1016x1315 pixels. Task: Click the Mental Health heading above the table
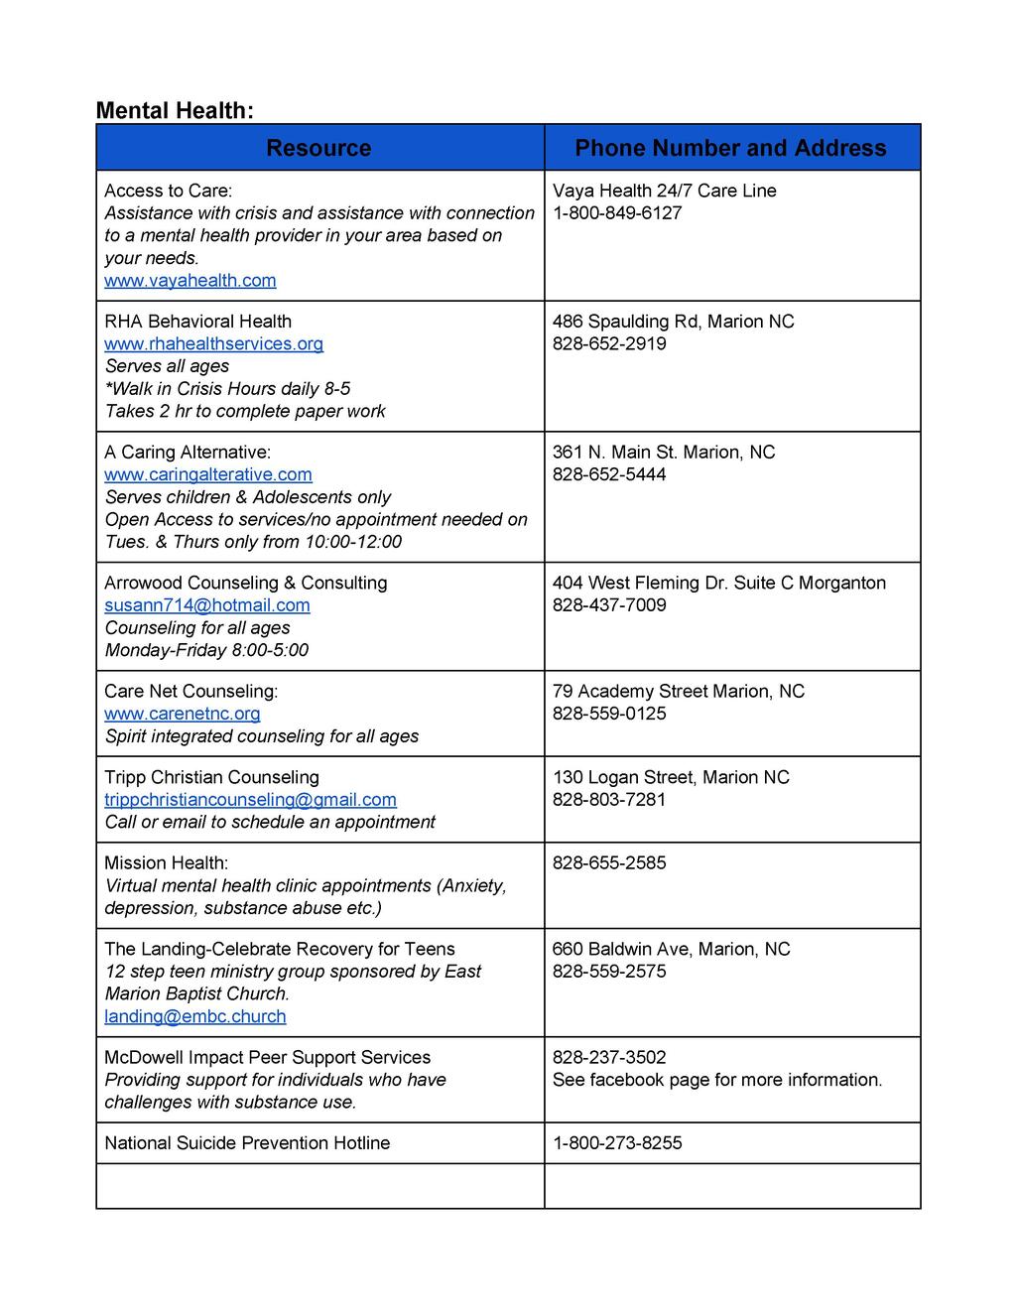point(175,110)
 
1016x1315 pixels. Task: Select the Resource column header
point(318,148)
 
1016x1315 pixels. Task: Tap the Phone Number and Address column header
point(730,148)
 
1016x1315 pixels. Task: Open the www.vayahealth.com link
point(190,281)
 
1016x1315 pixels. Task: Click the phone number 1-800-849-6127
point(617,213)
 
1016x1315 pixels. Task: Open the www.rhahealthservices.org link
point(213,344)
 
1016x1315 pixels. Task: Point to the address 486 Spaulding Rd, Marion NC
point(673,322)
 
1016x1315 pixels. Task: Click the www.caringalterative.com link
point(208,475)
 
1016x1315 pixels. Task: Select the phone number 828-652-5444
point(609,474)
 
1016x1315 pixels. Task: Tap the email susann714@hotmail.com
point(207,605)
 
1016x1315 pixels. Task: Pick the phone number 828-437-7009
point(609,605)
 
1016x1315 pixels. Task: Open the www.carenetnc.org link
point(183,714)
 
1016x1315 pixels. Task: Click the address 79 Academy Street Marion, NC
point(678,691)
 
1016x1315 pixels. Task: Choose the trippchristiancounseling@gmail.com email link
point(250,800)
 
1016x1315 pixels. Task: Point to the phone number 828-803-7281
point(609,800)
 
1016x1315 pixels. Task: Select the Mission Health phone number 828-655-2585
point(609,863)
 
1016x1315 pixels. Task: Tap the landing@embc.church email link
point(195,1016)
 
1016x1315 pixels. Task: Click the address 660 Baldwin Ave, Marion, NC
point(671,949)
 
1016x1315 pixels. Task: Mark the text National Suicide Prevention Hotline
point(247,1143)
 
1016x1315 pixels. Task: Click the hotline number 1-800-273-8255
point(617,1143)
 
